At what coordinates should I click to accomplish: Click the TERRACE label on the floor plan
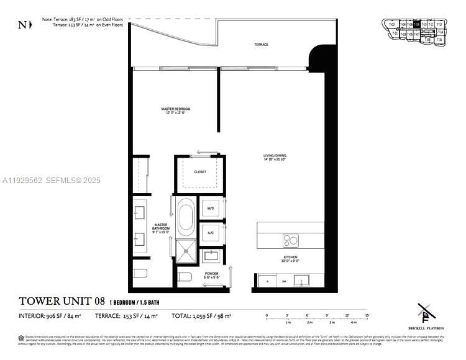(x=261, y=45)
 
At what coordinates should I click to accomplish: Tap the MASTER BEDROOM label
(x=176, y=110)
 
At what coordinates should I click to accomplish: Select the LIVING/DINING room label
(x=273, y=157)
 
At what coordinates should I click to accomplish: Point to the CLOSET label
(x=199, y=172)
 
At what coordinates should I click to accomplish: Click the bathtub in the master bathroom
(x=185, y=218)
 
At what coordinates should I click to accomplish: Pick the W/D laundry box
(x=211, y=209)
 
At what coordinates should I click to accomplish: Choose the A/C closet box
(x=211, y=233)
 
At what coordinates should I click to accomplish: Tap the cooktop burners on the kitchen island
(x=290, y=240)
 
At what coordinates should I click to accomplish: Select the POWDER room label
(x=211, y=274)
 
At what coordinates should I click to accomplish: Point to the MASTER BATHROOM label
(x=161, y=228)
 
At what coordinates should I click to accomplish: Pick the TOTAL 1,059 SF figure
(x=201, y=317)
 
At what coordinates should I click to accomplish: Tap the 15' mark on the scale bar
(x=368, y=316)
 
